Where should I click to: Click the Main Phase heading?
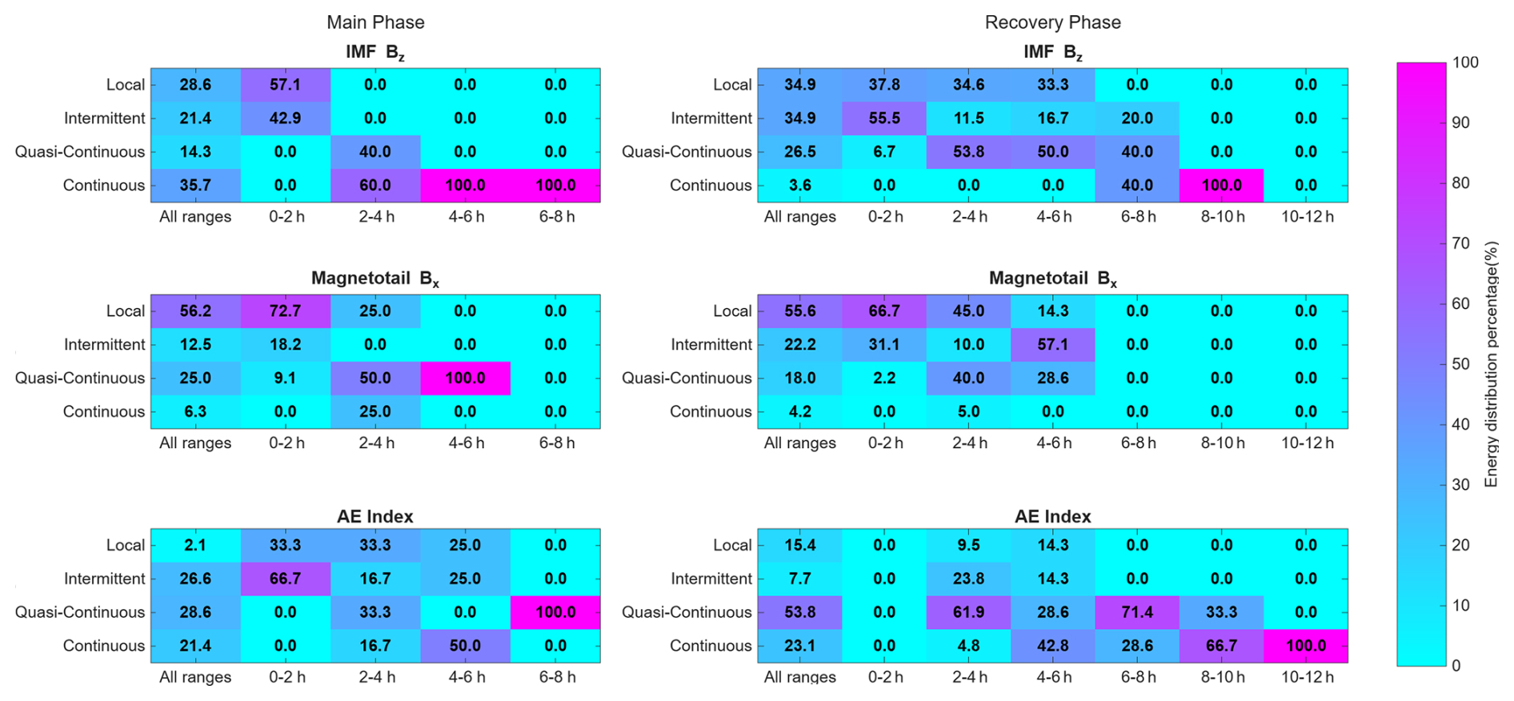coord(375,22)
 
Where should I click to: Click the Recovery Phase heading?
coord(1052,22)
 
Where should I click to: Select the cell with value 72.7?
coord(286,311)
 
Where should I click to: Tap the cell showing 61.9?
coord(968,612)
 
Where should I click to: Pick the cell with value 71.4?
coord(1137,612)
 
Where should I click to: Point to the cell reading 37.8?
coord(884,85)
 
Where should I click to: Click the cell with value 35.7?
coord(195,185)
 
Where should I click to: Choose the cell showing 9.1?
coord(286,379)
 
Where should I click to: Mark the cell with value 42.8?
coord(1053,646)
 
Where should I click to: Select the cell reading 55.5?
coord(884,118)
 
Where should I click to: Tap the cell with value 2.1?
coord(195,545)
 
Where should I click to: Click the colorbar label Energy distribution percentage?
coord(1491,364)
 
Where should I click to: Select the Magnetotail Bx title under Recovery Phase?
coord(1052,279)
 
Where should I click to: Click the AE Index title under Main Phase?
coord(375,516)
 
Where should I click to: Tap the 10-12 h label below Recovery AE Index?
coord(1307,677)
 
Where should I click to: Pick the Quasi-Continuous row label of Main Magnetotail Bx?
coord(80,379)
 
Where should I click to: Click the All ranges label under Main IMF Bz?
coord(195,217)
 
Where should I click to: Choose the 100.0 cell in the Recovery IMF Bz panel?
coord(1221,185)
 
